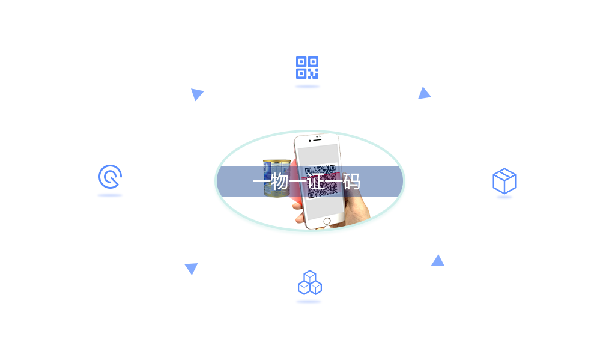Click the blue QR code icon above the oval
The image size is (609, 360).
(307, 68)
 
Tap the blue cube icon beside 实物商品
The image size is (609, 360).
(504, 181)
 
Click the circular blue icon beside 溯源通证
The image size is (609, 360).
(110, 177)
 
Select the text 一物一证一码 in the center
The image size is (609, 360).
(306, 181)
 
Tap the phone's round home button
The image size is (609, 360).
(327, 221)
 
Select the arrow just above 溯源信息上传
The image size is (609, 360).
(438, 260)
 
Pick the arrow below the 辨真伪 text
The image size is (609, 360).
(197, 95)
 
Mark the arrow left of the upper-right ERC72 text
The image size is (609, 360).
(424, 92)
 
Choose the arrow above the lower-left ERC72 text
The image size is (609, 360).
(191, 269)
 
